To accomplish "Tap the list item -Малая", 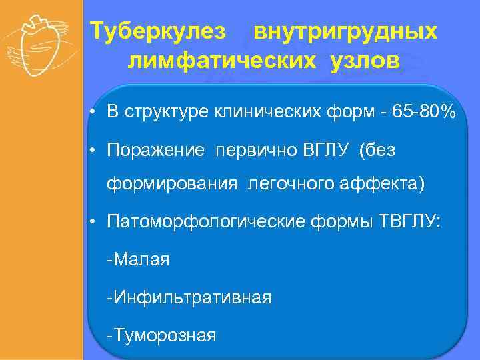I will [138, 259].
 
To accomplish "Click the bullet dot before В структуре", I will [97, 113].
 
